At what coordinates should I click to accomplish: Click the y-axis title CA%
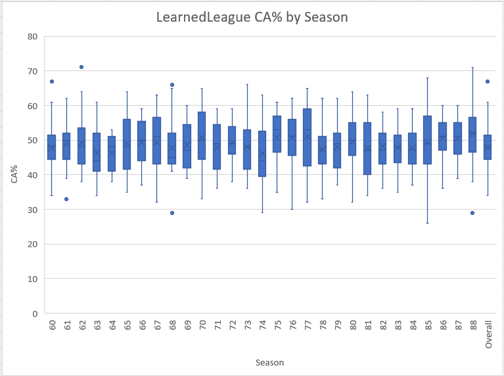pyautogui.click(x=14, y=174)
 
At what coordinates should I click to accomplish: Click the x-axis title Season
pyautogui.click(x=269, y=362)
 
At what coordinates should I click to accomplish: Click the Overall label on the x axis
pyautogui.click(x=488, y=334)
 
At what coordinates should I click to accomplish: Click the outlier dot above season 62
pyautogui.click(x=81, y=67)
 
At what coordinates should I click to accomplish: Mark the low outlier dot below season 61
pyautogui.click(x=66, y=199)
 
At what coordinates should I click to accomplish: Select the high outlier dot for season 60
pyautogui.click(x=51, y=82)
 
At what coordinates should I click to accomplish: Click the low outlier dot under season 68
pyautogui.click(x=172, y=213)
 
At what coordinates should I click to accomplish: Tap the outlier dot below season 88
pyautogui.click(x=473, y=213)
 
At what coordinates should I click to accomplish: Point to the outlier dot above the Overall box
pyautogui.click(x=488, y=82)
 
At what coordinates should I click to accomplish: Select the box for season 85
pyautogui.click(x=428, y=140)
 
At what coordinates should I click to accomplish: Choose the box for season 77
pyautogui.click(x=308, y=137)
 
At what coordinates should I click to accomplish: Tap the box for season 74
pyautogui.click(x=262, y=153)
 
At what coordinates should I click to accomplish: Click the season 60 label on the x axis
pyautogui.click(x=51, y=327)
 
